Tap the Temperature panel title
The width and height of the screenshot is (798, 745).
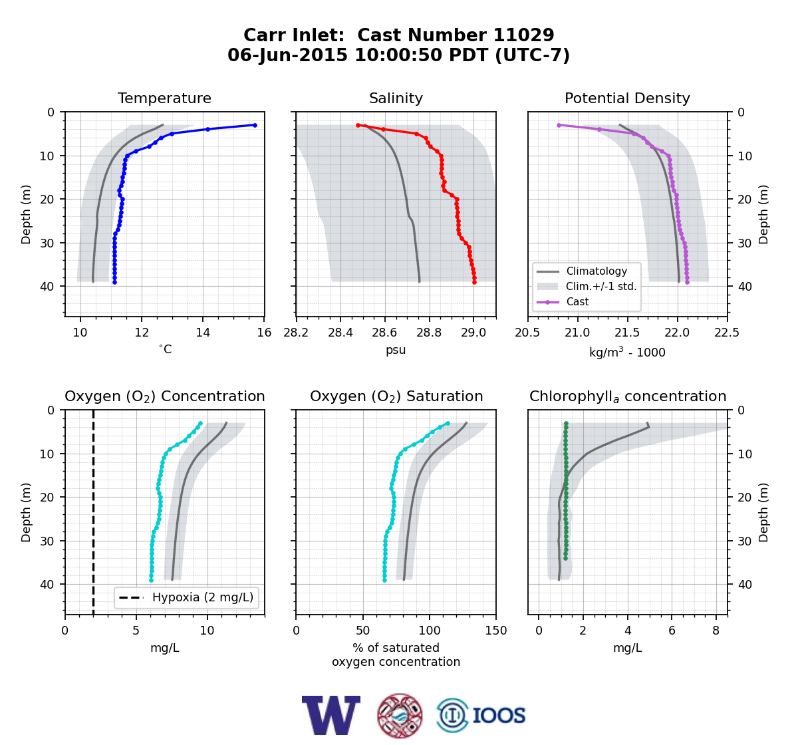pyautogui.click(x=164, y=98)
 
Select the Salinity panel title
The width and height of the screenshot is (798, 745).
pyautogui.click(x=396, y=98)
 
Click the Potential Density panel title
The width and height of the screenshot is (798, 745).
pyautogui.click(x=627, y=98)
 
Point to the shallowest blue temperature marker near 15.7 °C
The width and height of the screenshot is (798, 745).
pyautogui.click(x=255, y=125)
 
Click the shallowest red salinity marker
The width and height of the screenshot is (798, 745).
pyautogui.click(x=358, y=125)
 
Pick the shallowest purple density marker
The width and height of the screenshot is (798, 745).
pyautogui.click(x=559, y=125)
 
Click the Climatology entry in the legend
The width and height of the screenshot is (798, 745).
pyautogui.click(x=597, y=271)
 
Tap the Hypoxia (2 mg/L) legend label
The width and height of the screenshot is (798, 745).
pyautogui.click(x=203, y=597)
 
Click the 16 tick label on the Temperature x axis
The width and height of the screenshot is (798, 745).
pyautogui.click(x=264, y=333)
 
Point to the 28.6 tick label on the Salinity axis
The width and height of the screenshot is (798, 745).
pyautogui.click(x=384, y=333)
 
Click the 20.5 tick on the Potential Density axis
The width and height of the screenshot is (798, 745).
pyautogui.click(x=527, y=333)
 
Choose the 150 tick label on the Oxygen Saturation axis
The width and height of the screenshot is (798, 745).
pyautogui.click(x=496, y=631)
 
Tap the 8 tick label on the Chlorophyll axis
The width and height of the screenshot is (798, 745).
pyautogui.click(x=716, y=631)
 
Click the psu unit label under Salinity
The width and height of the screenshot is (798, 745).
pyautogui.click(x=396, y=350)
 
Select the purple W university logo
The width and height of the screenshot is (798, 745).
pyautogui.click(x=331, y=715)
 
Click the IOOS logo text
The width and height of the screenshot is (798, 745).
pyautogui.click(x=499, y=716)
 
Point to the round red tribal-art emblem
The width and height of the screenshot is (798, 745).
pyautogui.click(x=400, y=716)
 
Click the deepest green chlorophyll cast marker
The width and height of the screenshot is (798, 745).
pyautogui.click(x=565, y=559)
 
